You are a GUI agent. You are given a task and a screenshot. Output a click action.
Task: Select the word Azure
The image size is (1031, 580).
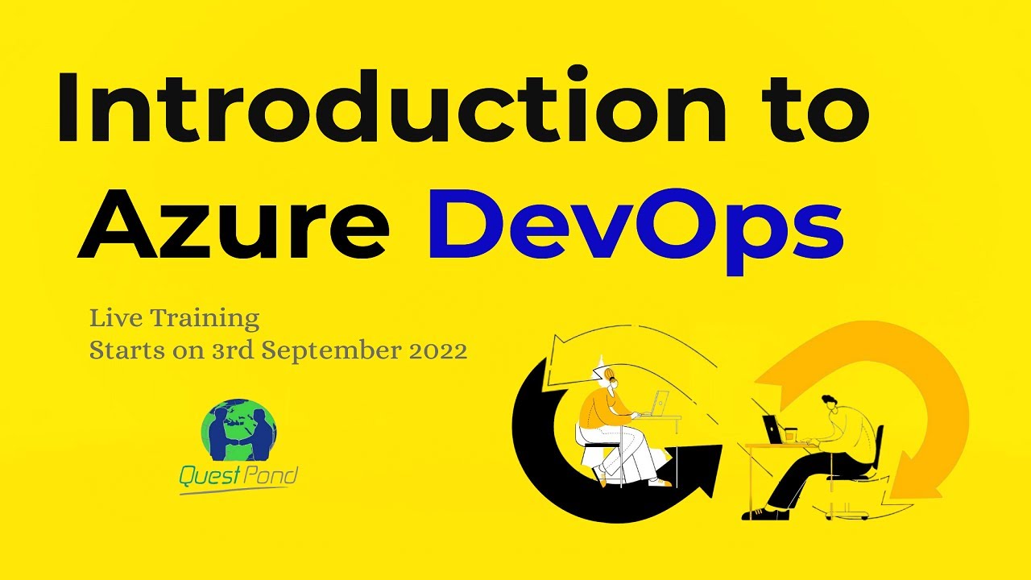234,218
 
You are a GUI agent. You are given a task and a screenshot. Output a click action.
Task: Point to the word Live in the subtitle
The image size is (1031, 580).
113,319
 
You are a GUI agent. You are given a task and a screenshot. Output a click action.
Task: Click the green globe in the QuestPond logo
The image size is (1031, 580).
238,432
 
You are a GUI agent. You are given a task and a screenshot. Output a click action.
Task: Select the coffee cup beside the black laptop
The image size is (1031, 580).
790,434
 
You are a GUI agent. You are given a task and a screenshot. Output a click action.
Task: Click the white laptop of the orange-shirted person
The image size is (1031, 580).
660,402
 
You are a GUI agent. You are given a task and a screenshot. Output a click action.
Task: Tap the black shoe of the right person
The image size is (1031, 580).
760,513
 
